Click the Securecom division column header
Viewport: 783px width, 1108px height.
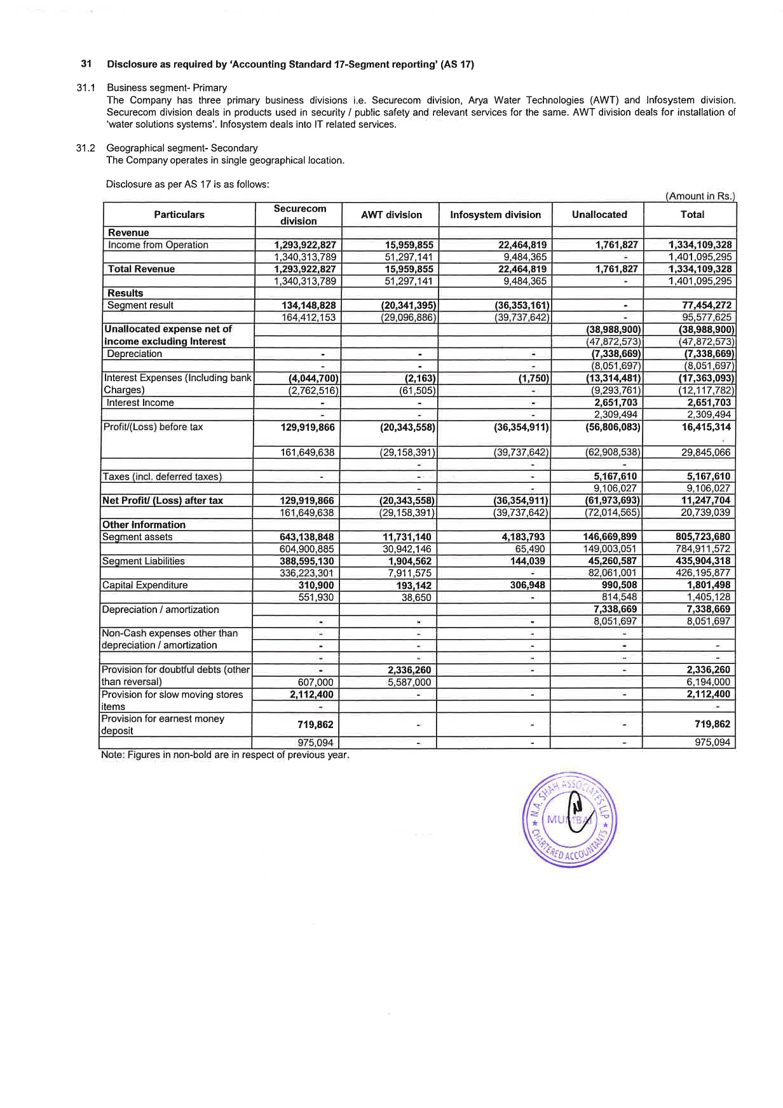[x=299, y=215]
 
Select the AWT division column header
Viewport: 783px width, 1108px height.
[x=391, y=215]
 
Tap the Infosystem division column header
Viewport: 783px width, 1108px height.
[x=495, y=215]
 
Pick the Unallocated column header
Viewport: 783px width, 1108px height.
[x=599, y=215]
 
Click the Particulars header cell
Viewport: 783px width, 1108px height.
[x=179, y=215]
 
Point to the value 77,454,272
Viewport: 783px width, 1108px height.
[x=706, y=306]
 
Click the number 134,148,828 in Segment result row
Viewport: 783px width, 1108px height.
[x=308, y=306]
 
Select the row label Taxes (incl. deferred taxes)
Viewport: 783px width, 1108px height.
[x=162, y=476]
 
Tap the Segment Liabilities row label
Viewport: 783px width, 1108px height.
[x=143, y=561]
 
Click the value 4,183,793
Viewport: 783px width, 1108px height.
[x=523, y=537]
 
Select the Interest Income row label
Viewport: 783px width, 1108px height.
[x=140, y=403]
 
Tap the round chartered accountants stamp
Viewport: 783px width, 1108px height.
[x=570, y=820]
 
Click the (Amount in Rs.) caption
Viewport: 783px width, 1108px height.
[x=700, y=196]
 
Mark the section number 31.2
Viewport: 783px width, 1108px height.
[x=85, y=148]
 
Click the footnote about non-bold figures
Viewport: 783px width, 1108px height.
[x=225, y=755]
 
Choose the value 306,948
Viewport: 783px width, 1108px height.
[x=528, y=585]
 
